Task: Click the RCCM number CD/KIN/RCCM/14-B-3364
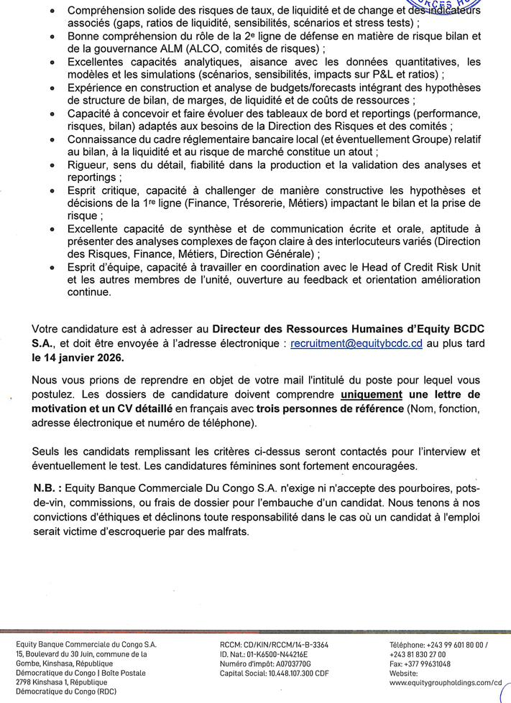pos(287,646)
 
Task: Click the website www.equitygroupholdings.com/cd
pos(445,683)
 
